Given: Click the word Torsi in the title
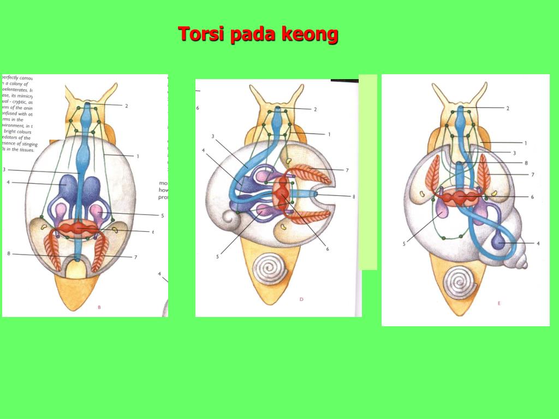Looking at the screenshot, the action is coord(202,34).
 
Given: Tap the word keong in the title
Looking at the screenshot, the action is coord(310,34).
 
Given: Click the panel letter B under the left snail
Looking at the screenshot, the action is coord(99,307).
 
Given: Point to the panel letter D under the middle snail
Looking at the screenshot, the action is coord(301,299).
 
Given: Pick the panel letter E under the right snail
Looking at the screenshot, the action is coord(498,303).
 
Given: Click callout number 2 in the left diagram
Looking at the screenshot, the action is coord(127,106).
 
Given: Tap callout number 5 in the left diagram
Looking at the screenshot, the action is coord(162,216).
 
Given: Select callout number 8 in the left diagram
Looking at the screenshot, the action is coord(9,254).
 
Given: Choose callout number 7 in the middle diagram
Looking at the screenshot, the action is coord(347,170).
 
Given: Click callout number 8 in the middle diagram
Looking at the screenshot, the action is coord(354,196).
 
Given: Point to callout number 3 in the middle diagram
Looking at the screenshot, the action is coord(213,136).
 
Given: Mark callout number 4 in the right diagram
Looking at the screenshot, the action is coord(538,243).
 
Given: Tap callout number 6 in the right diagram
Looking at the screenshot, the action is coord(532,196).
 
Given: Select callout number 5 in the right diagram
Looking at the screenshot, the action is coord(405,244).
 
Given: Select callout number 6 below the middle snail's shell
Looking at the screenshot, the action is coord(328,249).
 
